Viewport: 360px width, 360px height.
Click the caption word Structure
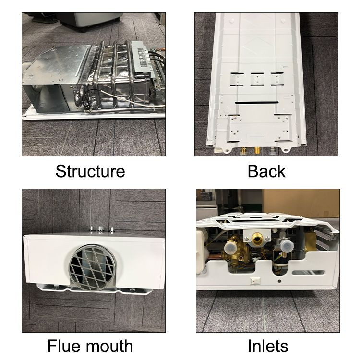click(x=90, y=171)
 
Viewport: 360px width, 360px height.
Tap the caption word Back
click(x=266, y=171)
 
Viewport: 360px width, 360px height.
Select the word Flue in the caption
click(x=63, y=346)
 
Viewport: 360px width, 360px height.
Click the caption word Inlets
click(x=268, y=346)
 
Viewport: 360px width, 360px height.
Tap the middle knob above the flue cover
click(x=101, y=229)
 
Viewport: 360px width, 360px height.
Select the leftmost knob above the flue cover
click(x=92, y=229)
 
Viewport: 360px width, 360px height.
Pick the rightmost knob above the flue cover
click(x=112, y=230)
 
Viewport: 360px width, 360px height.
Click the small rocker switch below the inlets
click(x=255, y=281)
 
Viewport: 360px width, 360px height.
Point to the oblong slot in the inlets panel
click(x=308, y=273)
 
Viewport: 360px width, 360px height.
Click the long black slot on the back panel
click(x=257, y=102)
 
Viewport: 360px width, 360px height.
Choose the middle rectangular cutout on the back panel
click(x=257, y=79)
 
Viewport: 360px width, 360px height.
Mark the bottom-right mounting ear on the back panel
click(x=286, y=150)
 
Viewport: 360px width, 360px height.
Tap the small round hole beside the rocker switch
click(x=279, y=281)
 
